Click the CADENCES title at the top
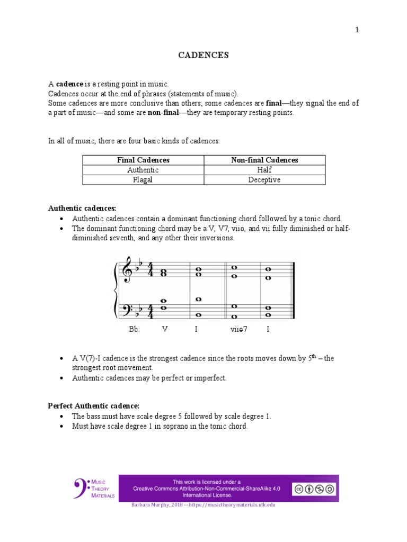point(203,55)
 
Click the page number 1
point(357,30)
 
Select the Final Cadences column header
point(143,160)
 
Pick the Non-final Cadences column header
point(264,160)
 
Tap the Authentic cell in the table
point(143,170)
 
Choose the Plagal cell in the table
point(143,180)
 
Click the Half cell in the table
point(264,170)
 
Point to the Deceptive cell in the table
point(264,180)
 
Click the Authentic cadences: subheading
point(82,209)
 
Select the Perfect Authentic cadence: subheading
point(93,406)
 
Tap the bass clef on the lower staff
point(128,308)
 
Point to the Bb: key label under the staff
point(134,329)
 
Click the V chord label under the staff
point(165,329)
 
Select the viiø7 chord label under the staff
point(238,329)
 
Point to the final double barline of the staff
point(293,290)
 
